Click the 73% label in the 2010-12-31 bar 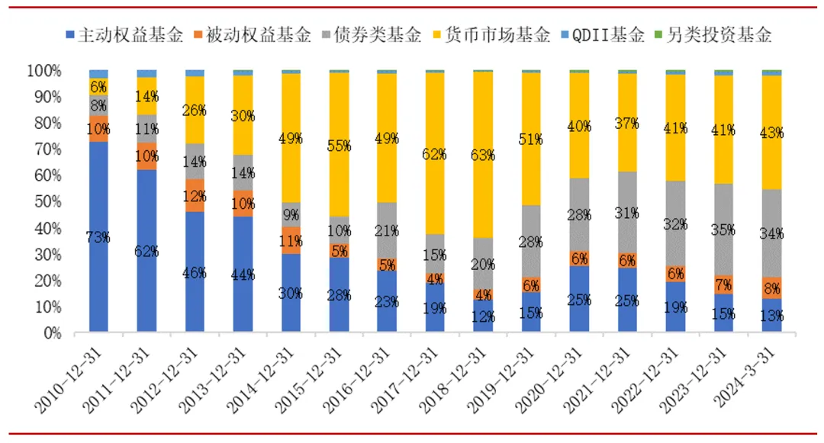click(x=98, y=237)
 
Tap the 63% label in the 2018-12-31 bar click(x=483, y=156)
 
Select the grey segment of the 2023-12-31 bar click(x=723, y=229)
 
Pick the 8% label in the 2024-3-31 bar click(x=771, y=288)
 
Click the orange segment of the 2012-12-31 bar click(x=195, y=195)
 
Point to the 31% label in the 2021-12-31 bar click(x=627, y=213)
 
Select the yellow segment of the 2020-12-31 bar click(x=579, y=126)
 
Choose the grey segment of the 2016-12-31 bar click(x=387, y=230)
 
